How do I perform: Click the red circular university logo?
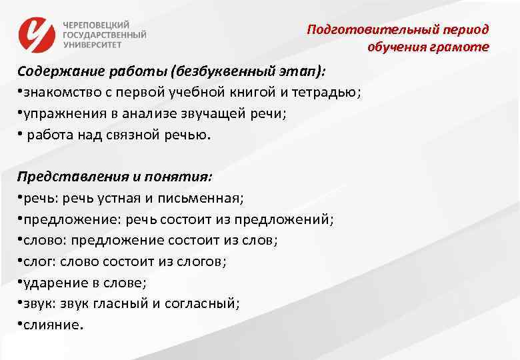coord(37,34)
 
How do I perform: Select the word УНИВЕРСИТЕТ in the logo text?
coord(93,45)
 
